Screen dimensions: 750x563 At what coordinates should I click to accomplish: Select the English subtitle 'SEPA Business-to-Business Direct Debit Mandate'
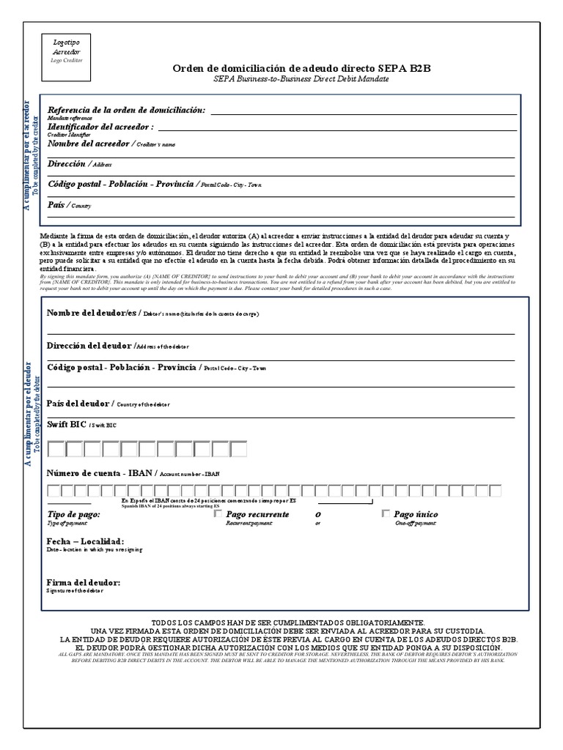coord(301,78)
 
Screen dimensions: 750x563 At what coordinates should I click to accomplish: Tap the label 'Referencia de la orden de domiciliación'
coord(126,110)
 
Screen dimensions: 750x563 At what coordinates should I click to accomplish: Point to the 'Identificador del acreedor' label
coord(101,127)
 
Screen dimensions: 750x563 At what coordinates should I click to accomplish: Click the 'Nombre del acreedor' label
coord(89,144)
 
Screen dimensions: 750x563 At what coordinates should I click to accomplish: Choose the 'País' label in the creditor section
coord(56,205)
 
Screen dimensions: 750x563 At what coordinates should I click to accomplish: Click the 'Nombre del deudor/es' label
coord(92,313)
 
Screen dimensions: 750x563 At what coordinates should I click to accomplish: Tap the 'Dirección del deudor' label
coord(90,345)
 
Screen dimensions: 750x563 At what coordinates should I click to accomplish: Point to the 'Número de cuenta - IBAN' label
coord(99,473)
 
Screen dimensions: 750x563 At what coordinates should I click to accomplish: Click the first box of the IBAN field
coord(54,491)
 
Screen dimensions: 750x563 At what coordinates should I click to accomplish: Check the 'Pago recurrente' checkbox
coord(217,514)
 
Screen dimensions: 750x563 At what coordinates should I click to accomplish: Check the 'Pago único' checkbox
coord(386,514)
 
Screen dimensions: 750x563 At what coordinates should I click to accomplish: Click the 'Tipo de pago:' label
coord(73,515)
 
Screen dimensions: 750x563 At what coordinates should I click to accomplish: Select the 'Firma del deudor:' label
coord(84,582)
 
